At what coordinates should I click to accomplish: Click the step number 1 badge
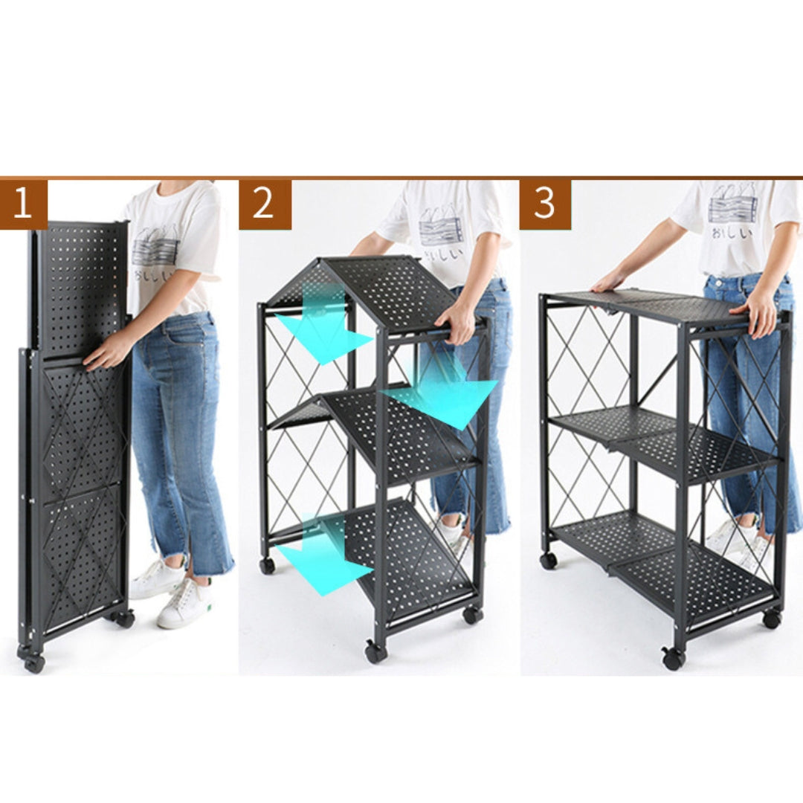23,204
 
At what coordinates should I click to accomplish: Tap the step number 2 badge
265,204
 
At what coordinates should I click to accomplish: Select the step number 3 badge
545,204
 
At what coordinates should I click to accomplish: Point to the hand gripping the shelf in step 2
460,322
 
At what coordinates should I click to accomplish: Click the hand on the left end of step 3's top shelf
610,283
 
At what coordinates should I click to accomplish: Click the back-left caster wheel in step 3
549,560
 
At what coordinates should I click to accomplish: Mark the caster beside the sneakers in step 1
124,619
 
